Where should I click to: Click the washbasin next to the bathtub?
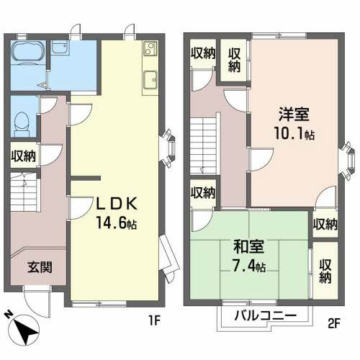(61, 50)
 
